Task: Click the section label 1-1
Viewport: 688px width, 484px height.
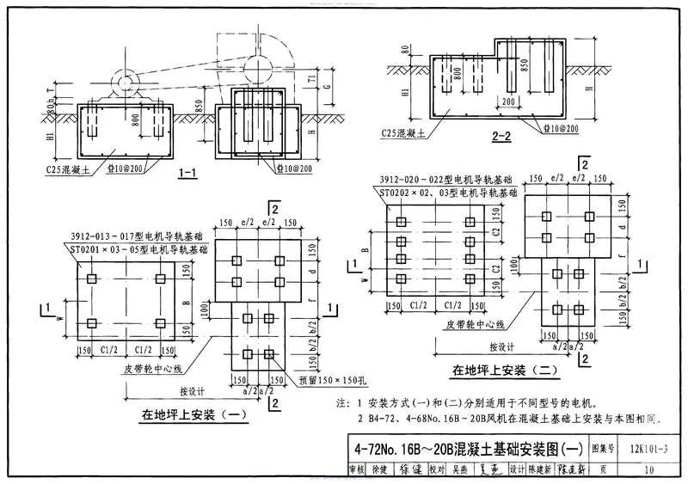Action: [188, 173]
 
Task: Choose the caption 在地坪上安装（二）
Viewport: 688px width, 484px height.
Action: [506, 371]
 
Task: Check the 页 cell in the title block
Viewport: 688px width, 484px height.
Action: [605, 469]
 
